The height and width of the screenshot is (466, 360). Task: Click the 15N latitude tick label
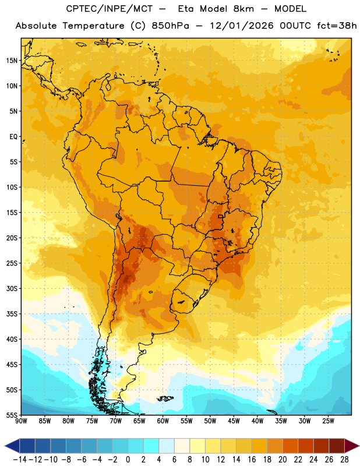[12, 61]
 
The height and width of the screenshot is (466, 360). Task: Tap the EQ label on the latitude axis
[13, 137]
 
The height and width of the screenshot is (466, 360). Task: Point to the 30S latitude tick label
[12, 288]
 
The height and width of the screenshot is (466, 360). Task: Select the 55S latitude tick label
[12, 415]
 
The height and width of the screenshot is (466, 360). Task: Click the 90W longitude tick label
[21, 421]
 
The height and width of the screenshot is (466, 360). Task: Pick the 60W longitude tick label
[163, 421]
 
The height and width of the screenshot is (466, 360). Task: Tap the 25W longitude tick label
[328, 421]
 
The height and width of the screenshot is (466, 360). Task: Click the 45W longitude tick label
[234, 421]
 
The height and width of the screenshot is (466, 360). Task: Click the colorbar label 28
[344, 460]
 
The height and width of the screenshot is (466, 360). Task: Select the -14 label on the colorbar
[19, 460]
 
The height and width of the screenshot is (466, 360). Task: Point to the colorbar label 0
[128, 460]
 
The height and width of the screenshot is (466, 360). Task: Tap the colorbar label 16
[252, 460]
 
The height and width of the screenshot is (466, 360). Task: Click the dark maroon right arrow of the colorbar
[352, 446]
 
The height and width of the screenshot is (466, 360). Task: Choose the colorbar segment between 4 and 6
[167, 446]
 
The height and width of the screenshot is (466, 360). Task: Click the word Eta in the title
[186, 9]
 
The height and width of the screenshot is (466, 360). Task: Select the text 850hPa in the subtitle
[170, 26]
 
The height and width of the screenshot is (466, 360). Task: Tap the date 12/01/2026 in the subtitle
[241, 26]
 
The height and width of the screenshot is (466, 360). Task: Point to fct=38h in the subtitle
[337, 26]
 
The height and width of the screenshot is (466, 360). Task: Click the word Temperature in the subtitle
[93, 26]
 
